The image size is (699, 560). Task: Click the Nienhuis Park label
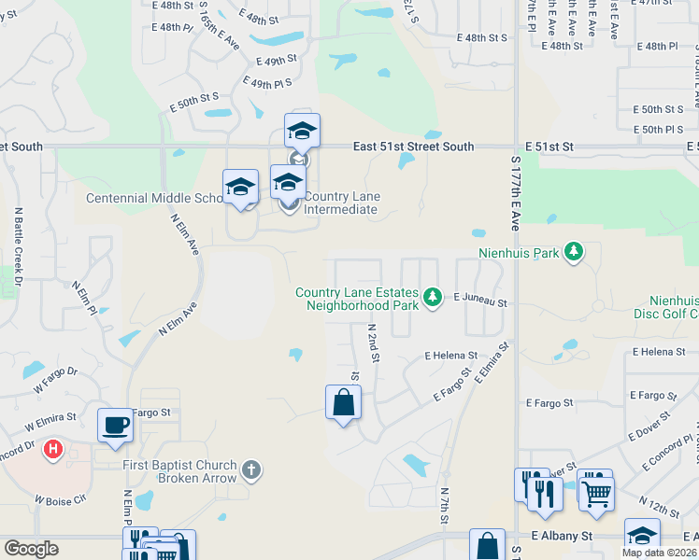click(x=517, y=252)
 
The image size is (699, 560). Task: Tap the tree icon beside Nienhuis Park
click(x=575, y=252)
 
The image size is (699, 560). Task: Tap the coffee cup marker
click(x=116, y=425)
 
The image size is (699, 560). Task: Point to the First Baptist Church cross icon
click(x=250, y=470)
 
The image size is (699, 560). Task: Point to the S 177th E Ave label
click(x=514, y=194)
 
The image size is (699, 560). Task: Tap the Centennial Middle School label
click(x=155, y=198)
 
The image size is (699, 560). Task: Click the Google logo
click(x=31, y=549)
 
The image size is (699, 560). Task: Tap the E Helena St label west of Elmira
click(x=450, y=356)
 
